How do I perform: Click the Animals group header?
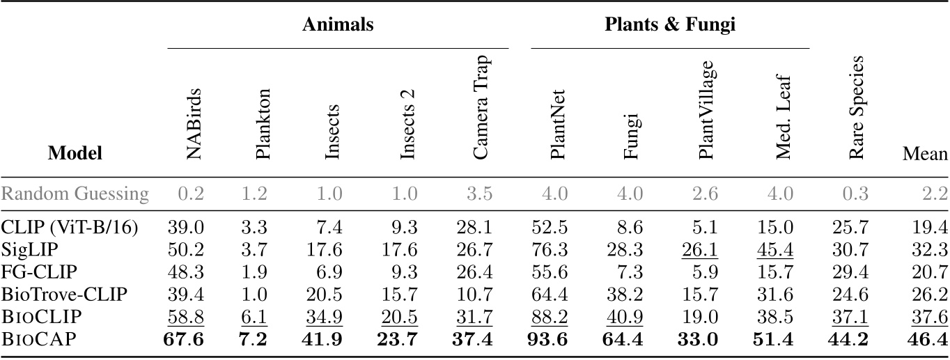[x=338, y=26]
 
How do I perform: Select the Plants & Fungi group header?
[x=670, y=26]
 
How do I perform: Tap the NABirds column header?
[x=195, y=125]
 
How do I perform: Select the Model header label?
[x=75, y=154]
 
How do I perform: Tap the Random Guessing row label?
[x=75, y=194]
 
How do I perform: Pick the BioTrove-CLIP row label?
[x=64, y=295]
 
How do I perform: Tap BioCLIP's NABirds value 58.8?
[x=185, y=317]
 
